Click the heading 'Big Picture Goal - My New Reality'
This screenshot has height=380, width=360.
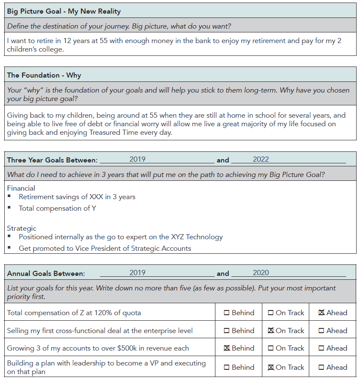pyautogui.click(x=64, y=11)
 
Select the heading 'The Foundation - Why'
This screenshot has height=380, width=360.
pyautogui.click(x=44, y=75)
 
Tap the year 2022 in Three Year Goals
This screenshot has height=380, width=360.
pyautogui.click(x=261, y=160)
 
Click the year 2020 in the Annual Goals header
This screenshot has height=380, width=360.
pyautogui.click(x=261, y=273)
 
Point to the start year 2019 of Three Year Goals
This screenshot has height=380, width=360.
pyautogui.click(x=137, y=160)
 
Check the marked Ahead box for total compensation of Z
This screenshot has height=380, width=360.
pyautogui.click(x=322, y=313)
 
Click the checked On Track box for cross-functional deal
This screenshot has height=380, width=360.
pyautogui.click(x=270, y=331)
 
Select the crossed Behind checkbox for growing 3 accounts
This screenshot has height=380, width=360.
pyautogui.click(x=227, y=348)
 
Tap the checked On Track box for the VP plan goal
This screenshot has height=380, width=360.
pyautogui.click(x=270, y=367)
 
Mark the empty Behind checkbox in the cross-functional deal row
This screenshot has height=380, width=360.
pyautogui.click(x=227, y=331)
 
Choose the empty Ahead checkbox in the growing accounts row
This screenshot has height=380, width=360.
pyautogui.click(x=322, y=348)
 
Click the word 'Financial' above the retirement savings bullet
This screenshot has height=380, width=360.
pyautogui.click(x=21, y=188)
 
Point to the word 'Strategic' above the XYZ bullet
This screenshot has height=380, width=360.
pyautogui.click(x=22, y=228)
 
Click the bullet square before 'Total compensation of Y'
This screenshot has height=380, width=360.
pyautogui.click(x=9, y=208)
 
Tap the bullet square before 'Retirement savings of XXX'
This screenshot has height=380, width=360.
pyautogui.click(x=9, y=196)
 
